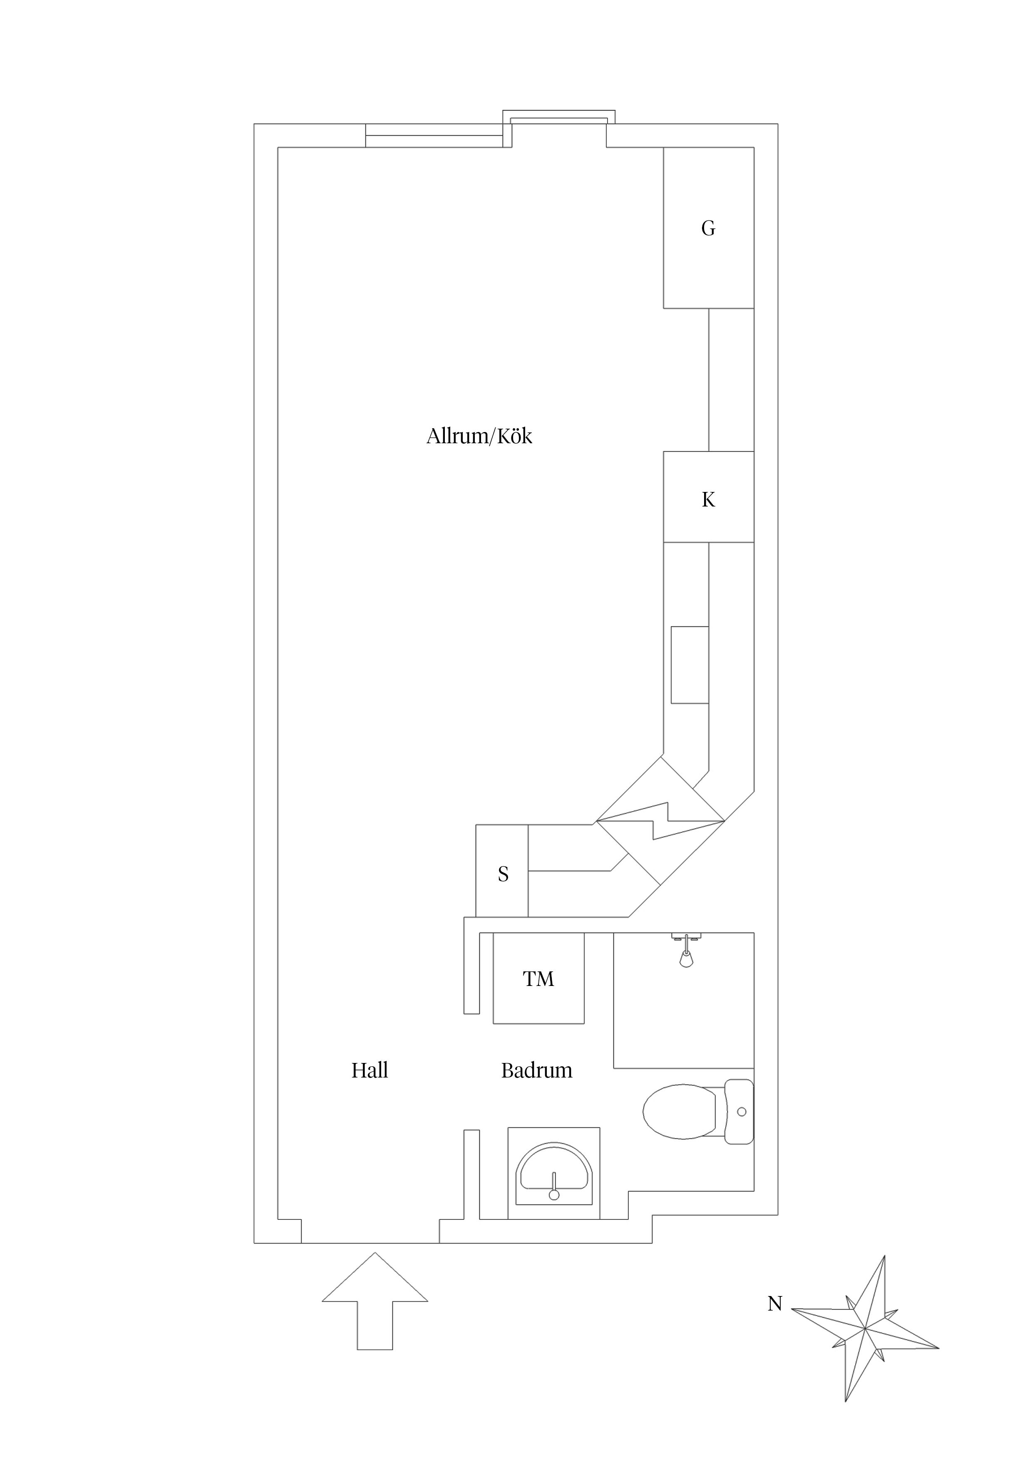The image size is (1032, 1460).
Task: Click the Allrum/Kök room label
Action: (479, 436)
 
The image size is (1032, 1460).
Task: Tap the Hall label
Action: (370, 1070)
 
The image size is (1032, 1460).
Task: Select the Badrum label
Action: (537, 1070)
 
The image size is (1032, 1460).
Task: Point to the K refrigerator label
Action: (708, 500)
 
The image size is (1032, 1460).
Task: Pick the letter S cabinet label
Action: (503, 874)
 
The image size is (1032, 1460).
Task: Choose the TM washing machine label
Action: (538, 978)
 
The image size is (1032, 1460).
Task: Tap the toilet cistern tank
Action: (739, 1112)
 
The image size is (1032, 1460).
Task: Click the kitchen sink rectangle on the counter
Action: (690, 665)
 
